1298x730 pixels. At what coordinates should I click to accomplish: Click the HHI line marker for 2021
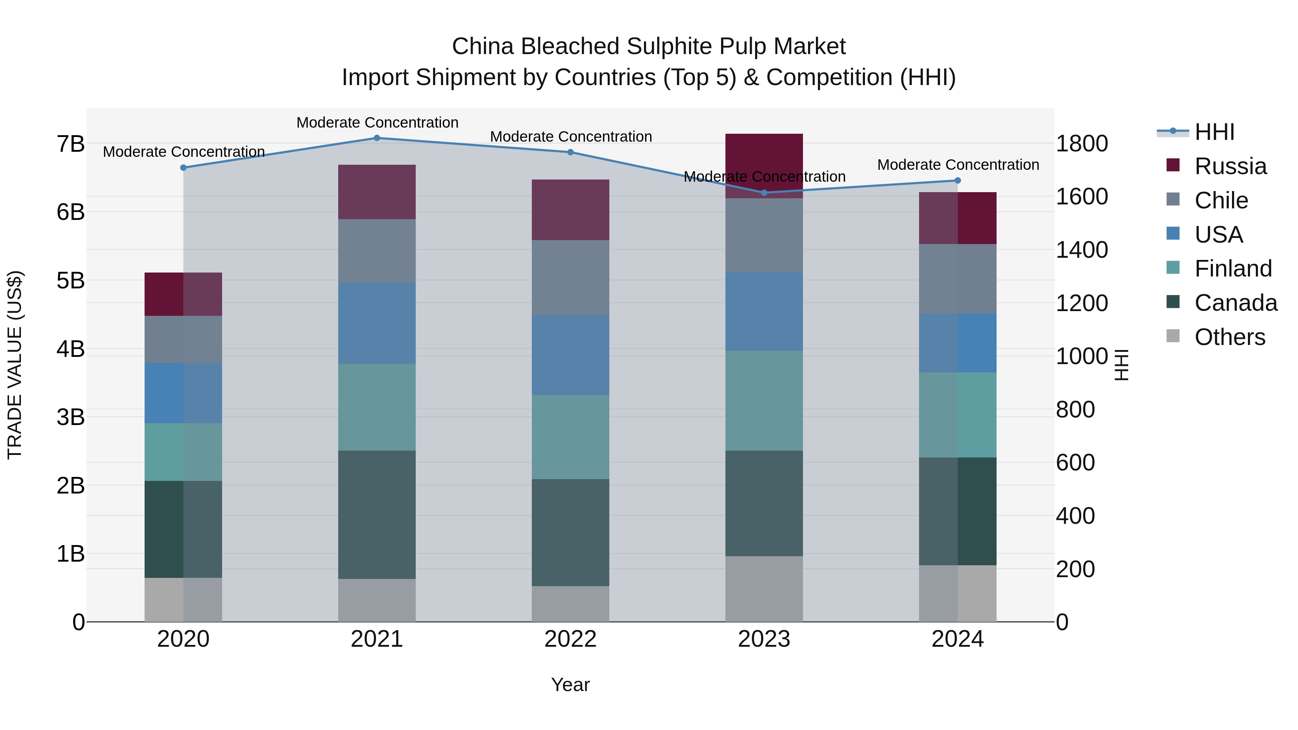(x=376, y=138)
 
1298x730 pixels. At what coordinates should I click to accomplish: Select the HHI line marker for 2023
(x=764, y=193)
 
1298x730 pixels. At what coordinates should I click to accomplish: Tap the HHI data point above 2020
(x=184, y=168)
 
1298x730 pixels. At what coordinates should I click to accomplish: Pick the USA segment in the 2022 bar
(x=570, y=355)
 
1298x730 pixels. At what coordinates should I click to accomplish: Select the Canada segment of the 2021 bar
(x=376, y=514)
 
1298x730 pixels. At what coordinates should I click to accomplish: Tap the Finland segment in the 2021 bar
(x=376, y=407)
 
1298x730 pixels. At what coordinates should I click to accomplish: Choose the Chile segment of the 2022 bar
(x=570, y=278)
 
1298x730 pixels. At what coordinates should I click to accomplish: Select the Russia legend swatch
(x=1173, y=165)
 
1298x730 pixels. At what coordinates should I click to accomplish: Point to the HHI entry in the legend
(x=1214, y=132)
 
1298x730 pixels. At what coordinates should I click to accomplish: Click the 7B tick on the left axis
(x=71, y=144)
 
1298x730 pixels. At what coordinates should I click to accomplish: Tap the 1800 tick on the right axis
(x=1082, y=143)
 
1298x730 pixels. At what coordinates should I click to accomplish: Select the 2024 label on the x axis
(x=957, y=639)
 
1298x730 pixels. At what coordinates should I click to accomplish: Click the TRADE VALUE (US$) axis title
(x=15, y=365)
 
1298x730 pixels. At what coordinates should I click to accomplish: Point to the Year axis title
(x=570, y=685)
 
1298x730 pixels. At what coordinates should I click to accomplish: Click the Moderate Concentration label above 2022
(x=571, y=137)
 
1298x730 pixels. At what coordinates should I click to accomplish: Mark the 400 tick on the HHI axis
(x=1075, y=516)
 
